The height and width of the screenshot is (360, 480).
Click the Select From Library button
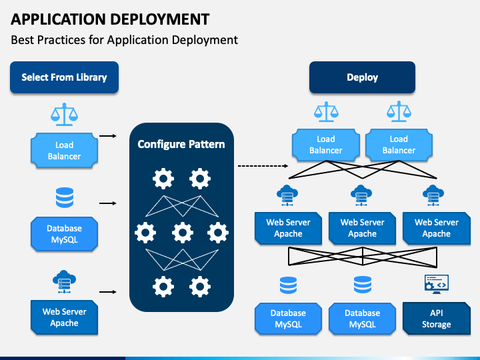coord(64,77)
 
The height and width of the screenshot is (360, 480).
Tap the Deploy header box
coord(362,77)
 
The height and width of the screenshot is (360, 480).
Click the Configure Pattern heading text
coord(181,144)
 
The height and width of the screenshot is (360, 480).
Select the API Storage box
coord(436,319)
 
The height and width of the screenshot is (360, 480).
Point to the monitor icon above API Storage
coord(437,284)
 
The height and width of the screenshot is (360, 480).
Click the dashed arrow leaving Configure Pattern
coord(263,166)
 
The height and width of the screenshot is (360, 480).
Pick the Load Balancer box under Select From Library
coord(64,150)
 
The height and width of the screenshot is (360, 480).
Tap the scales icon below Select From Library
coord(64,115)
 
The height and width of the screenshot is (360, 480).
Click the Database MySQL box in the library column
coord(64,234)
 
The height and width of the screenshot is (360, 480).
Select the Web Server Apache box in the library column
coord(64,317)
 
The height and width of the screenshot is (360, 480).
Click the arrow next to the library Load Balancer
coord(108,136)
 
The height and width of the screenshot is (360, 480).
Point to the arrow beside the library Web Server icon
coord(108,292)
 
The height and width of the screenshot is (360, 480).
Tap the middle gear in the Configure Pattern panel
coord(183,233)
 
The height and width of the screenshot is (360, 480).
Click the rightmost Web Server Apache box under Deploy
coord(437,228)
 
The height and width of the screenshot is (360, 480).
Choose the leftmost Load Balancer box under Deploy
coord(326,145)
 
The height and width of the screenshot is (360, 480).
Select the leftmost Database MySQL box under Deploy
coord(288,319)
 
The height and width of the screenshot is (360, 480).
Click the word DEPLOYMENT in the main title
coord(159,19)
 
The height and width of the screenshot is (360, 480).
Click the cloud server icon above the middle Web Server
coord(361,195)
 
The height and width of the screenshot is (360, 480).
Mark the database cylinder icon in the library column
coord(65,197)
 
